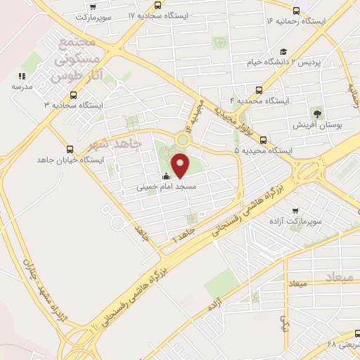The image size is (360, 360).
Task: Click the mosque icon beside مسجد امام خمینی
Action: click(x=165, y=176)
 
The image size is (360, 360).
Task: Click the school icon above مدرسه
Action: click(x=22, y=75)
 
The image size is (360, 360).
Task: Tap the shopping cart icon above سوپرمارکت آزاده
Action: click(x=295, y=210)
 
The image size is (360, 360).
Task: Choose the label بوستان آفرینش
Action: click(x=317, y=124)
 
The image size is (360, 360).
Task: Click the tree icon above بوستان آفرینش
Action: click(x=317, y=112)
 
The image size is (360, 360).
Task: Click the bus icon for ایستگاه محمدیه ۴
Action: click(x=259, y=90)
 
